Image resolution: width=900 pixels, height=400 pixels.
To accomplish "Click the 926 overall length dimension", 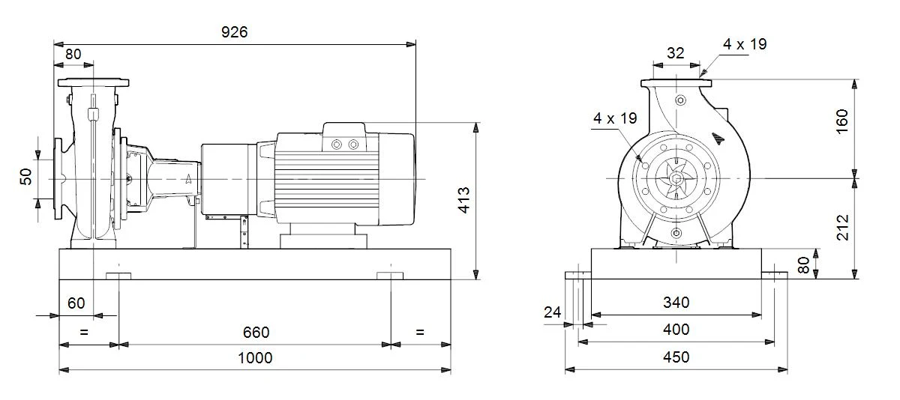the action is [234, 32].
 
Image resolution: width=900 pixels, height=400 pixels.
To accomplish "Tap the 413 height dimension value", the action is [464, 200].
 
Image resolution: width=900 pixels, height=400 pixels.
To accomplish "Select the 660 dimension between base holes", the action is [256, 333].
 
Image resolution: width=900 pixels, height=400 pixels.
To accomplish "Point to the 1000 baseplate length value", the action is [255, 358].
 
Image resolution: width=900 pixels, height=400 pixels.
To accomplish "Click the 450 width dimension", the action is [676, 357].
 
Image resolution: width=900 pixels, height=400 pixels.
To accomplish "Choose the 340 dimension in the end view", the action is [676, 303].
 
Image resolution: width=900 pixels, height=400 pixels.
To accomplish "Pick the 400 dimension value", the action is [676, 330].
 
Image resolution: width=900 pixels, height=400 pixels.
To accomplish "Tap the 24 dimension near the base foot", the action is [553, 312].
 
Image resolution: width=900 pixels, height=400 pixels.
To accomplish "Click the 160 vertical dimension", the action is [842, 121].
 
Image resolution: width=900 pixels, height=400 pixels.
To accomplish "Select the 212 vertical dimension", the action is [842, 228].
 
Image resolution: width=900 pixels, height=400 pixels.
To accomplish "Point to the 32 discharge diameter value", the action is [676, 53].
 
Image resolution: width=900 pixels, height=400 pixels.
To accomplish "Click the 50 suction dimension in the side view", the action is [25, 177].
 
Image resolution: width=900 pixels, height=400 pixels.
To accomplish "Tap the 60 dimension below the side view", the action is [76, 303].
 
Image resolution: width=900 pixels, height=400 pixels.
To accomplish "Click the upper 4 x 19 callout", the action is [745, 44].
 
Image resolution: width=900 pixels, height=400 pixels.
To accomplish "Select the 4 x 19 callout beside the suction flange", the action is [615, 118].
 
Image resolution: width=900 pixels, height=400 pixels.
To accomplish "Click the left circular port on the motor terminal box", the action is [337, 145].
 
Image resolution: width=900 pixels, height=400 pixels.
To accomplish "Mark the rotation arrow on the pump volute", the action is [718, 139].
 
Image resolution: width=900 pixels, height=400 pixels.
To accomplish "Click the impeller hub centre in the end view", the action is [676, 178].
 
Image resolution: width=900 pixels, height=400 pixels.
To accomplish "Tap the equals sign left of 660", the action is [84, 332].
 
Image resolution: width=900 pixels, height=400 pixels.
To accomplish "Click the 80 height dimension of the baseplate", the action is [803, 265].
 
